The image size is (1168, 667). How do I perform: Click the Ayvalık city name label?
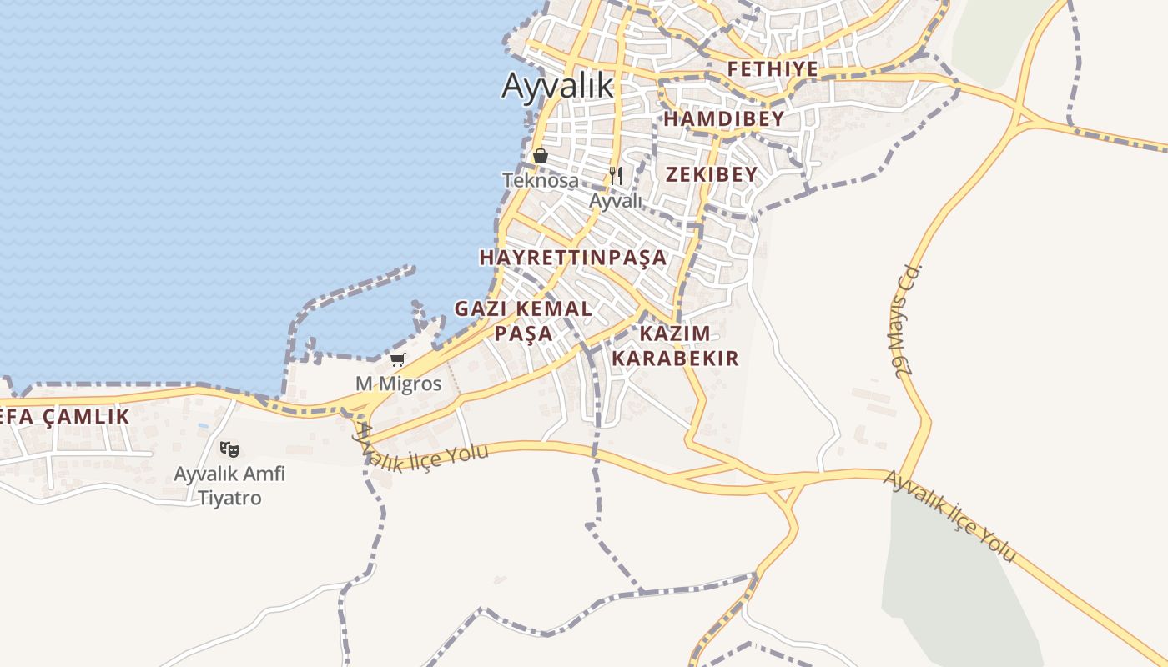click(x=557, y=85)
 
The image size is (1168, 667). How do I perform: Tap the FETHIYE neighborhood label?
click(x=773, y=68)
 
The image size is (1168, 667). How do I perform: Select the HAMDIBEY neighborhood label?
click(x=724, y=118)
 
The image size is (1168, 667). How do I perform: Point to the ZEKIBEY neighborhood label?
click(x=712, y=174)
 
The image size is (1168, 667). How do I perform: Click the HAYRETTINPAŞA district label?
click(x=573, y=257)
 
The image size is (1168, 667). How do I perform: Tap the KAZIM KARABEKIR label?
click(x=675, y=346)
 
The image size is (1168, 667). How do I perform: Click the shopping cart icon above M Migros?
click(x=398, y=360)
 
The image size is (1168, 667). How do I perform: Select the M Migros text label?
click(x=398, y=384)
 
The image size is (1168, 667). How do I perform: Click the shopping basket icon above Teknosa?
click(x=540, y=156)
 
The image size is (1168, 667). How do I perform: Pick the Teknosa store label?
click(x=540, y=180)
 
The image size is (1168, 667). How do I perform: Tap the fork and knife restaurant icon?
click(x=616, y=176)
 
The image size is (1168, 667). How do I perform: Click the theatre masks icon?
click(x=229, y=449)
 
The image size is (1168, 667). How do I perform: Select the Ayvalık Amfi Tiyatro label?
click(x=229, y=486)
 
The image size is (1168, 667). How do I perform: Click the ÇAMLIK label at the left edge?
click(x=65, y=416)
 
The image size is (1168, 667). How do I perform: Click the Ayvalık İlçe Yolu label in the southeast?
click(x=949, y=516)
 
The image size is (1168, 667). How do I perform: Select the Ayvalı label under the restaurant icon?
click(x=616, y=200)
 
